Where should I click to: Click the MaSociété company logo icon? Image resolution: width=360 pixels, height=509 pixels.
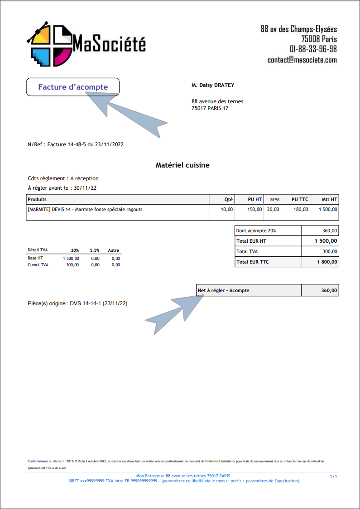click(x=50, y=43)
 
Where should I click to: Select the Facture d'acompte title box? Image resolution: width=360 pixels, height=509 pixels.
click(x=73, y=87)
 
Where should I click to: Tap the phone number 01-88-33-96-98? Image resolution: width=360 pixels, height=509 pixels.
click(x=313, y=49)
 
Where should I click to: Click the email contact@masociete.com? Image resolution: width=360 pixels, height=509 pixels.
click(x=302, y=60)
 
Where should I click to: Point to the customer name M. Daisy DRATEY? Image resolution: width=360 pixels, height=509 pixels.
click(x=213, y=85)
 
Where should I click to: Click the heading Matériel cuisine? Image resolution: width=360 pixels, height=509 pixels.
click(x=182, y=165)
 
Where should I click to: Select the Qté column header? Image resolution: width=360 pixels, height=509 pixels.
click(x=229, y=199)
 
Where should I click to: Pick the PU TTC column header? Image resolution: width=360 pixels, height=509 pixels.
click(x=300, y=199)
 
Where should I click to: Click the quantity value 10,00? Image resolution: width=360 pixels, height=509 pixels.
click(x=226, y=210)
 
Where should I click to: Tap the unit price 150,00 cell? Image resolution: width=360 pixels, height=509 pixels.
click(x=254, y=210)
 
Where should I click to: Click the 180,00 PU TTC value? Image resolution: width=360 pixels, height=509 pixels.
click(x=301, y=210)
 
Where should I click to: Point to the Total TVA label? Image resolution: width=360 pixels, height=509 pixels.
click(x=247, y=251)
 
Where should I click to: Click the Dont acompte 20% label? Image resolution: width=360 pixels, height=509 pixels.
click(x=256, y=230)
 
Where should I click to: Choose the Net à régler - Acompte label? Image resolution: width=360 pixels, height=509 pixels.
click(x=223, y=290)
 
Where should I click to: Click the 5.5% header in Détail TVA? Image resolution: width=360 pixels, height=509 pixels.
click(x=94, y=250)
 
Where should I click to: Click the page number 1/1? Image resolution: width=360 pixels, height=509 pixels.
click(x=333, y=477)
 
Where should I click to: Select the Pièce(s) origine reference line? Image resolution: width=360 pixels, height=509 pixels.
click(x=77, y=303)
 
